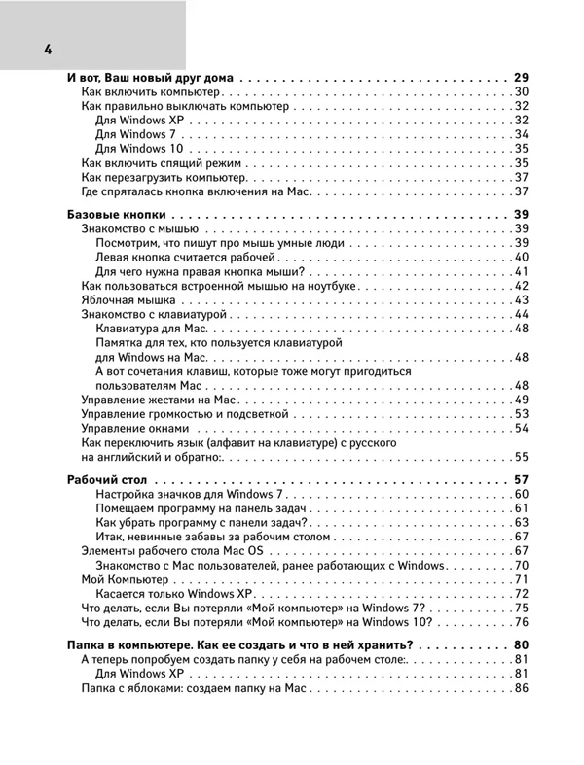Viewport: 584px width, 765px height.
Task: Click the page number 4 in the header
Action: click(47, 51)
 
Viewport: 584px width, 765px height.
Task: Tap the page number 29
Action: click(520, 76)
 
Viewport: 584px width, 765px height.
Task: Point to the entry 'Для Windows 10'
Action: click(141, 149)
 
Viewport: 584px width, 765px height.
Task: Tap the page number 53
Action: click(521, 414)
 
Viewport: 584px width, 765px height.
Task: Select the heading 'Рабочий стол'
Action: click(110, 479)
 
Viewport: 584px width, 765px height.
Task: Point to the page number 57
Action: click(520, 479)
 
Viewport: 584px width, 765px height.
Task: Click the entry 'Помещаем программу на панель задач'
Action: click(201, 508)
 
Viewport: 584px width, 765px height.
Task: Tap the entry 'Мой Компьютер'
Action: click(126, 579)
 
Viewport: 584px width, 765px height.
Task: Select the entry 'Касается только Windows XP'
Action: click(174, 594)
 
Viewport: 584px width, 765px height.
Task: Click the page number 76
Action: click(521, 622)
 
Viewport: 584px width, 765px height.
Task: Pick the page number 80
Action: click(520, 644)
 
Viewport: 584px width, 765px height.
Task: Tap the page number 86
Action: click(521, 688)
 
